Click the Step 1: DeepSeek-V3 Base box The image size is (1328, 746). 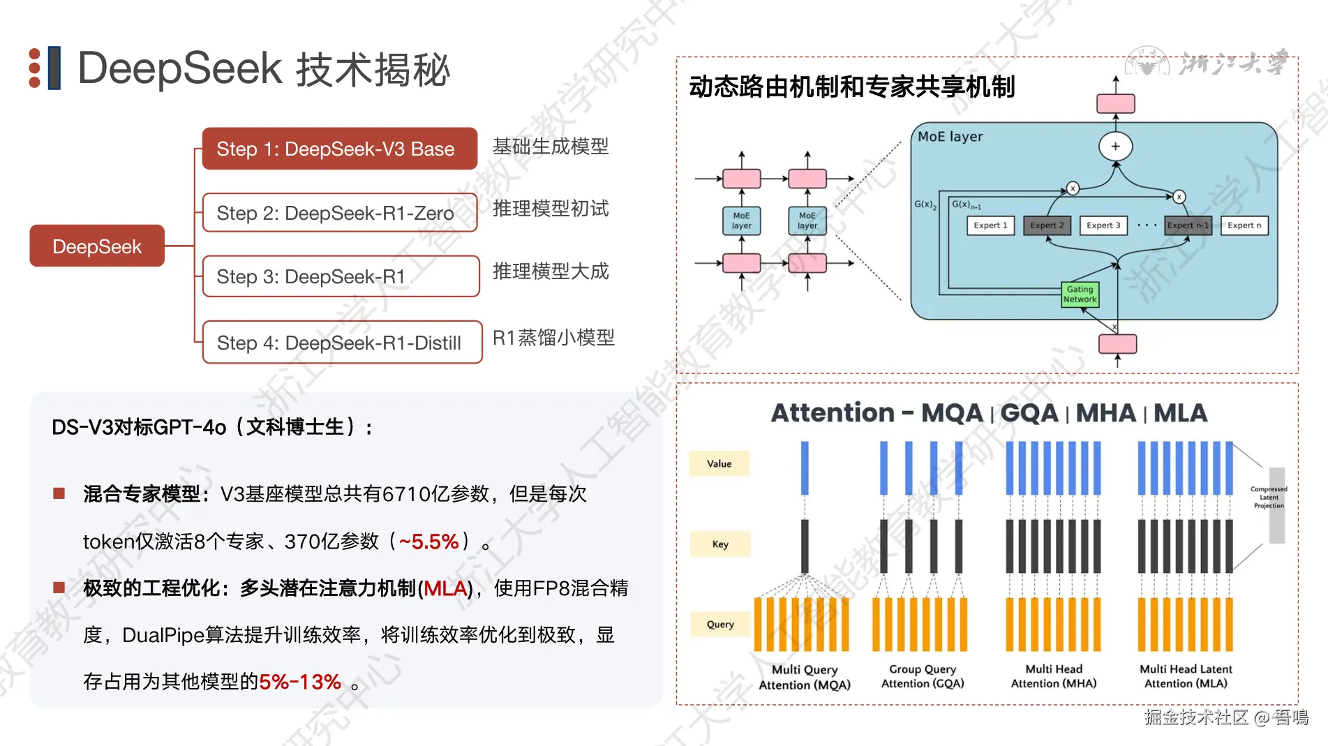[339, 149]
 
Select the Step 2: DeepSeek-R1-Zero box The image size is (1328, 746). [339, 213]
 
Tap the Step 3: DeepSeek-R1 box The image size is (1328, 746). [341, 276]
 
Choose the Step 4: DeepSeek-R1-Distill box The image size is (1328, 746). [342, 343]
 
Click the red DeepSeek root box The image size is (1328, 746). [97, 246]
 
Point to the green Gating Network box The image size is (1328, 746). [1080, 294]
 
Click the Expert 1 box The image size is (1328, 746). [990, 225]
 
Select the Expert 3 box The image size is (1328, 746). [1103, 225]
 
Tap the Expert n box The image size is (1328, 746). [1244, 225]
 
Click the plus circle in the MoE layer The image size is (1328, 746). [1115, 147]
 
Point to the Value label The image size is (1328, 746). [719, 464]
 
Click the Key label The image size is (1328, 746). [720, 544]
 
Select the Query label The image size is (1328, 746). [720, 625]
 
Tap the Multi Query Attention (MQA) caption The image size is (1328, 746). [805, 677]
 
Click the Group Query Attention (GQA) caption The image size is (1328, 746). [923, 676]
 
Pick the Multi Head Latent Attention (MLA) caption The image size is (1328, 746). [1186, 676]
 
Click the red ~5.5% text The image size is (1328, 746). [428, 542]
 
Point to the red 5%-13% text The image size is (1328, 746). [300, 682]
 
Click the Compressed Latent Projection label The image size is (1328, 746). [1269, 498]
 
